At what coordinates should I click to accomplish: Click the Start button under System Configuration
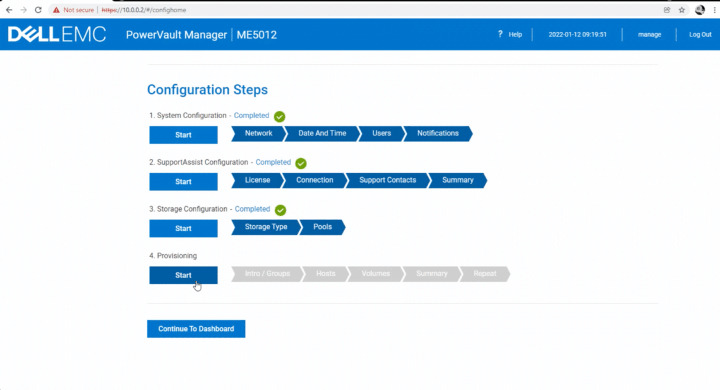[183, 135]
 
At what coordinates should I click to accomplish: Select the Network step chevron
[258, 133]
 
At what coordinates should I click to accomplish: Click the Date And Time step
[322, 133]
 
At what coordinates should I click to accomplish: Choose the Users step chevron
[382, 133]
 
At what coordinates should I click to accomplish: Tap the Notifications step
[438, 133]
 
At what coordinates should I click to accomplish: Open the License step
[257, 180]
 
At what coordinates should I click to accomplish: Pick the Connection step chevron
[314, 180]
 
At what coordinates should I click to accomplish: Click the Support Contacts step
[388, 180]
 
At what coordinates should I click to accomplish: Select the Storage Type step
[266, 227]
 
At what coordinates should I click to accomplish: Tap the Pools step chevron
[322, 227]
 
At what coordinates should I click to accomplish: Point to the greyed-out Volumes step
[375, 274]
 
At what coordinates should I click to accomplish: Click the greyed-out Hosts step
[326, 274]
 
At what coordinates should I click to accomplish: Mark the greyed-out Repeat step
[484, 274]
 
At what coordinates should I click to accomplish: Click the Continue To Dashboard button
[196, 329]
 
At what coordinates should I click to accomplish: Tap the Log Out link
[700, 34]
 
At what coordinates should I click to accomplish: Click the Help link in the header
[510, 34]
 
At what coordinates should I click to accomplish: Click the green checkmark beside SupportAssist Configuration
[301, 163]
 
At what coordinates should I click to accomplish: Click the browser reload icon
[38, 10]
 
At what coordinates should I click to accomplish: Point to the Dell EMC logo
[57, 34]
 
